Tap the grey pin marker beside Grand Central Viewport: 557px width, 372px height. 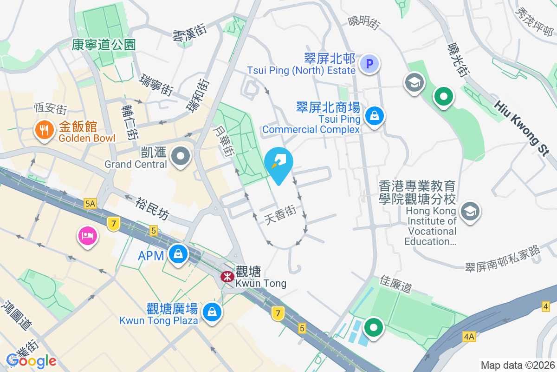click(x=181, y=157)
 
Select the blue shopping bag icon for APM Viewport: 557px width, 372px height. click(x=178, y=254)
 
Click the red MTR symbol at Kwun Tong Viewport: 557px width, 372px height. click(x=227, y=277)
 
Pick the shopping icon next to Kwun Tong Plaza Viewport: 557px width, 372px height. click(x=212, y=312)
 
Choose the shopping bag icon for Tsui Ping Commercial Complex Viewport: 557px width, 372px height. click(x=374, y=116)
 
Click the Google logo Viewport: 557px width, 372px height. click(x=32, y=360)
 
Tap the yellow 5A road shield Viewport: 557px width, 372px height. click(x=90, y=203)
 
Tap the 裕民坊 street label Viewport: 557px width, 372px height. click(x=153, y=209)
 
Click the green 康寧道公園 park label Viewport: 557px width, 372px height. click(x=104, y=45)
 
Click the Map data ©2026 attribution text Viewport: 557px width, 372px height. click(x=517, y=365)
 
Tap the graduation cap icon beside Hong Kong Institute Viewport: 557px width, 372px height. click(x=470, y=212)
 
